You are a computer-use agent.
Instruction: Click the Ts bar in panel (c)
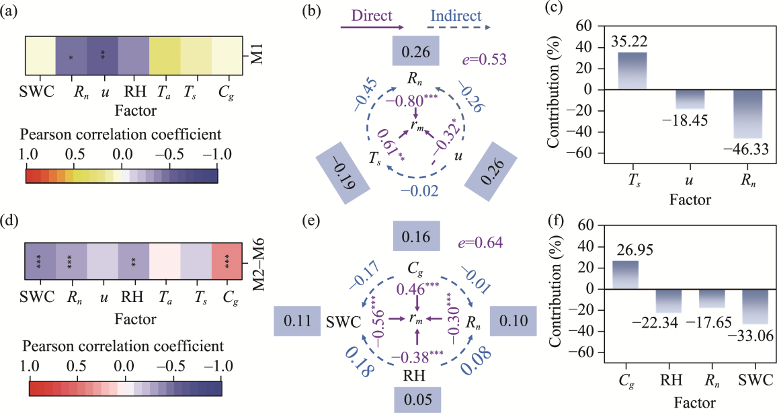click(x=632, y=71)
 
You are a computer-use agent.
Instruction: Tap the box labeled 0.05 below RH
click(x=416, y=399)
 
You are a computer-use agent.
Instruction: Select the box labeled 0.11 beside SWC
click(x=295, y=322)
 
